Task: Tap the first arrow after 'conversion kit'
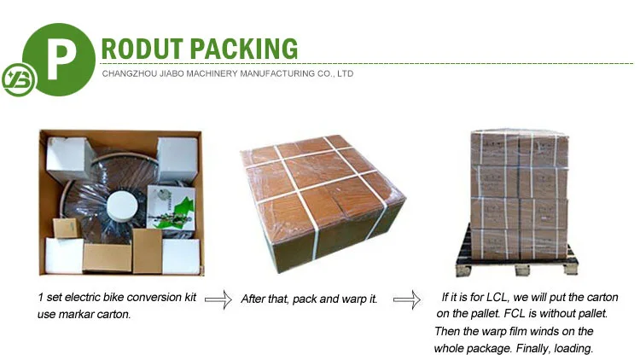click(218, 299)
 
